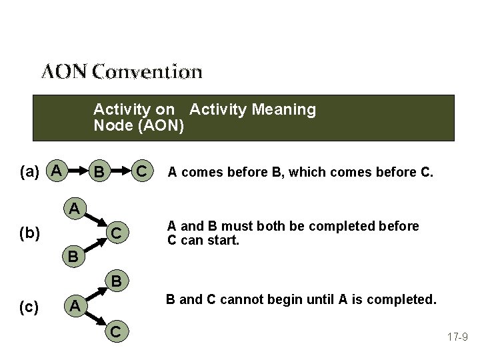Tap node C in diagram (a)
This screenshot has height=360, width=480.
[x=141, y=173]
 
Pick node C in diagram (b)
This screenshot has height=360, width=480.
[x=116, y=235]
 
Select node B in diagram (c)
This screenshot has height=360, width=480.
[x=116, y=281]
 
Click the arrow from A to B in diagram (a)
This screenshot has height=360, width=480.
[x=79, y=173]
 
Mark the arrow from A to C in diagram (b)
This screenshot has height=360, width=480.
[x=96, y=221]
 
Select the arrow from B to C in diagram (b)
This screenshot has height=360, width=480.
[x=96, y=246]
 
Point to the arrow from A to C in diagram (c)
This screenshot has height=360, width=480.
[x=96, y=319]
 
